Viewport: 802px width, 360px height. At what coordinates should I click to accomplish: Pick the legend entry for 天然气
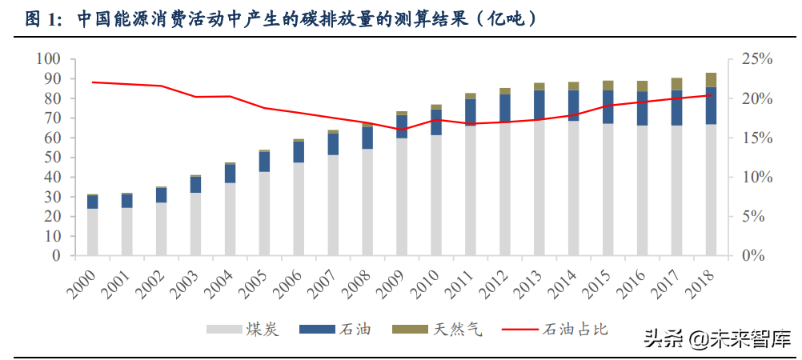click(437, 329)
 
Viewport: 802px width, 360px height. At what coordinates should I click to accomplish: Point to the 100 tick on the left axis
click(49, 59)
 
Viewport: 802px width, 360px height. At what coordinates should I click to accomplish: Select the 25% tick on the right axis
click(756, 59)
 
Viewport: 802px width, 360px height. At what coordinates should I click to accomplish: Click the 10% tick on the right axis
click(756, 178)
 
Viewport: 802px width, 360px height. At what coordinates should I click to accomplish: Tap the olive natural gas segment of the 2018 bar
click(711, 80)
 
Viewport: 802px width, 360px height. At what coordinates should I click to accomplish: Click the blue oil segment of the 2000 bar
click(92, 202)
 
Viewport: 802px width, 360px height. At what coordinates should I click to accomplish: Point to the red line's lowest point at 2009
click(402, 130)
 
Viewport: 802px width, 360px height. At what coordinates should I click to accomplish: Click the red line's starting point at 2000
click(92, 82)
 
